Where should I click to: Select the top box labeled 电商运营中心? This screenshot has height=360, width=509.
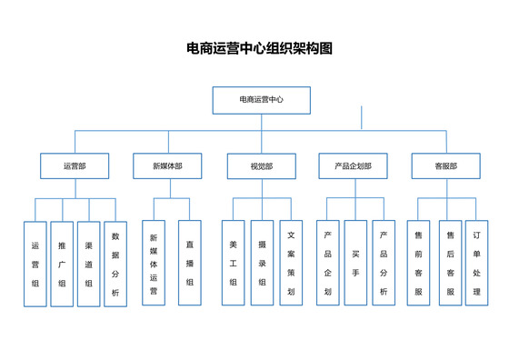point(261,99)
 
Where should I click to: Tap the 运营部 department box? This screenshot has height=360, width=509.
point(75,166)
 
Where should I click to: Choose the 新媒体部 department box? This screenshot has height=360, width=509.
point(166,166)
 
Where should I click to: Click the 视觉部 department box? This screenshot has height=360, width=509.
point(261,166)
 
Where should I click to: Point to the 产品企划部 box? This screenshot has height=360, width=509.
point(354,166)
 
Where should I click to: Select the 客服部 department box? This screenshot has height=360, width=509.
point(445,166)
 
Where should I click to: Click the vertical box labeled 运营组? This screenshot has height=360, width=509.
point(35,264)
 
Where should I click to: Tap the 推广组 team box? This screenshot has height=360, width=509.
point(62,264)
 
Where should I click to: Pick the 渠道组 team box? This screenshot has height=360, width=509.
point(88,264)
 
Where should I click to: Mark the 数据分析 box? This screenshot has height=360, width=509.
point(115,264)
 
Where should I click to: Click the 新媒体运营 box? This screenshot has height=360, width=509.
point(154,264)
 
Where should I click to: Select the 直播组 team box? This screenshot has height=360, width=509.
point(189,264)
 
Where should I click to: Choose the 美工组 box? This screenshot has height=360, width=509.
point(234,264)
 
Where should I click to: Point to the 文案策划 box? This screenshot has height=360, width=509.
point(291,264)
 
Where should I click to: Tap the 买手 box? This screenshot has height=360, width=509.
point(355,264)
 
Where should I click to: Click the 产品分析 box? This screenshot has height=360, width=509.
point(384,264)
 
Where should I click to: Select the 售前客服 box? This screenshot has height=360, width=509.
point(418,264)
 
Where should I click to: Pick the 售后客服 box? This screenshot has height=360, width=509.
point(450,264)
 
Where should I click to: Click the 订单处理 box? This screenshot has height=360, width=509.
point(476,264)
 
